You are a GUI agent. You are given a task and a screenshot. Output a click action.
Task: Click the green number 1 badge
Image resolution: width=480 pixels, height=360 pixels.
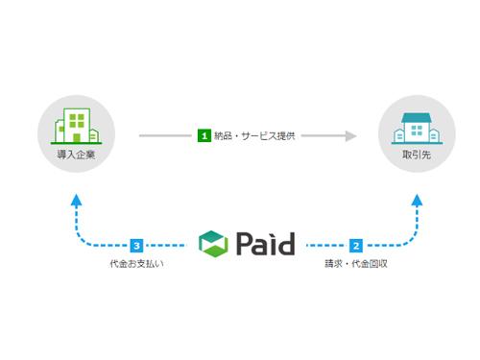coord(204,136)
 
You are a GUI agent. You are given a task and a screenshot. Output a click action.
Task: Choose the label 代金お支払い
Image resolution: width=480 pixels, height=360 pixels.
coord(137,263)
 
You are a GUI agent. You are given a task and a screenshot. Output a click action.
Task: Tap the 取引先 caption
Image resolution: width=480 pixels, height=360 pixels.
coord(417,153)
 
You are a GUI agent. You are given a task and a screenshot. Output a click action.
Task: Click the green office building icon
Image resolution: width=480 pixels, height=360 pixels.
coord(74,126)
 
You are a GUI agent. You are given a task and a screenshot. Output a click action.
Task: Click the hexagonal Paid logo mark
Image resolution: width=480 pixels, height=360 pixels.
coord(214,244)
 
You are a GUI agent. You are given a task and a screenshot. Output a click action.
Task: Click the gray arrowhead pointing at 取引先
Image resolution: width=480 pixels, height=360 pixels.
coord(351,136)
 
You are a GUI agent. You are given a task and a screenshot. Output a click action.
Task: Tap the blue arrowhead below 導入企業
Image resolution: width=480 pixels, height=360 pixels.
coord(76,200)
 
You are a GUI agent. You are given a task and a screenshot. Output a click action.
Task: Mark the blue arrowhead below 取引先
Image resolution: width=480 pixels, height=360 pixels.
coord(418,200)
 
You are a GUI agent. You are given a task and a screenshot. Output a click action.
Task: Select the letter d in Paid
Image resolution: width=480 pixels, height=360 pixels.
coord(284,243)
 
